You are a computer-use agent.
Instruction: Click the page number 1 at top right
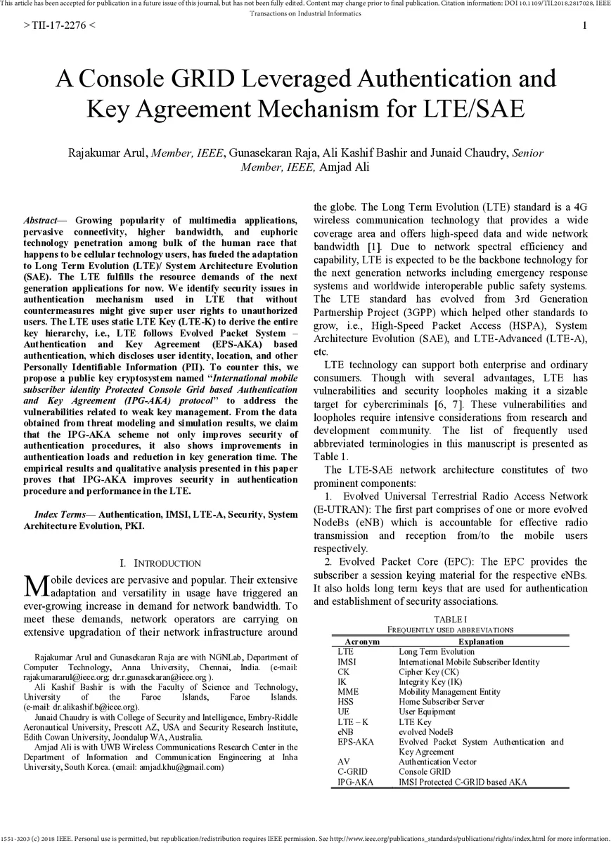[584, 26]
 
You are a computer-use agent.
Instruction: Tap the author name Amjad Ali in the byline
[344, 166]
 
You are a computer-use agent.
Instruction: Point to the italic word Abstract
[40, 221]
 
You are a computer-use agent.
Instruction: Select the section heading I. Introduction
[161, 563]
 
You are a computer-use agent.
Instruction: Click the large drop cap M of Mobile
[36, 585]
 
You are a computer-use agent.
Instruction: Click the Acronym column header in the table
[362, 641]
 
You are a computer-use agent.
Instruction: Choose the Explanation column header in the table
[480, 641]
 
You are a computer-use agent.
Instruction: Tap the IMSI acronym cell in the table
[347, 662]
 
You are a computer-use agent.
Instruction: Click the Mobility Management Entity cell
[449, 691]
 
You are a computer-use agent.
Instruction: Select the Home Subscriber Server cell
[441, 701]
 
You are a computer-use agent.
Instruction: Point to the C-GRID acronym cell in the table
[352, 771]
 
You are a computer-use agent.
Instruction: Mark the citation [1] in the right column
[374, 247]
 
